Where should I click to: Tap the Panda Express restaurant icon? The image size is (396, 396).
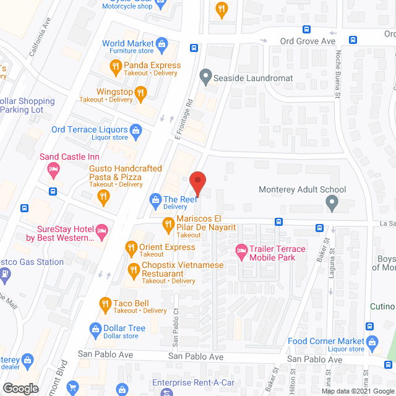115,66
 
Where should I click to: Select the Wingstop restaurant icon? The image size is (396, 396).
141,93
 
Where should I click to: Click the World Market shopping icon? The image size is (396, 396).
162,44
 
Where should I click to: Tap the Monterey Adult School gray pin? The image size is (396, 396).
332,202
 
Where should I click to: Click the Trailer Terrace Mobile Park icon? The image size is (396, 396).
241,250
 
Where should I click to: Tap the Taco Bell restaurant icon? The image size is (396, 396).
105,303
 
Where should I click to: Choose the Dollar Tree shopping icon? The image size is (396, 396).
96,329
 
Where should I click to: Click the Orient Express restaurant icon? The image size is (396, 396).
131,248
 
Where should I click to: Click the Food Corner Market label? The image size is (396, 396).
326,341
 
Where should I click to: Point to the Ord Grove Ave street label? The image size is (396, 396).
308,41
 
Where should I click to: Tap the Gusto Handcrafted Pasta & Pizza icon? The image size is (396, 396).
104,197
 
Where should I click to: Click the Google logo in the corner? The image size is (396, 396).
20,388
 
